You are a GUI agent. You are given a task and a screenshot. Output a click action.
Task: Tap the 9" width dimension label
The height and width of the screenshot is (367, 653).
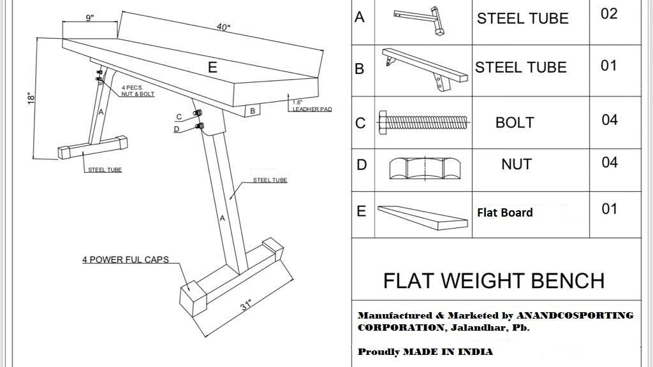90,18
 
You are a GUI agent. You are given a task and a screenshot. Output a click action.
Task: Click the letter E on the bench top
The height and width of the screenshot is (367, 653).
212,67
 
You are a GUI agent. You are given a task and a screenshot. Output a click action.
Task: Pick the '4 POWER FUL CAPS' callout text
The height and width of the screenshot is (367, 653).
125,260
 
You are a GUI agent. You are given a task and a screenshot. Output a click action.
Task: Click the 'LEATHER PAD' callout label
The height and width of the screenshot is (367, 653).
312,109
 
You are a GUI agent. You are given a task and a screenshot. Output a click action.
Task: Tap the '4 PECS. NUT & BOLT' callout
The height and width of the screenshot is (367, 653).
138,91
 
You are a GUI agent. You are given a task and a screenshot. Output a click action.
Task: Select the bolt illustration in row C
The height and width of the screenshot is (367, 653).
423,120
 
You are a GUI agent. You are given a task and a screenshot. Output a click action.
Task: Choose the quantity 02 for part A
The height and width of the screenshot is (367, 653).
609,14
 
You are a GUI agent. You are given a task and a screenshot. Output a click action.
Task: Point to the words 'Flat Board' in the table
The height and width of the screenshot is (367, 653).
504,212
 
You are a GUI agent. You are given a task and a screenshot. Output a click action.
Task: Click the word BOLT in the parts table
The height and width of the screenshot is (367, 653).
515,122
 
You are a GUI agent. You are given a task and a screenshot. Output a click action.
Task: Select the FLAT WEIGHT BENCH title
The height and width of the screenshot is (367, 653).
494,280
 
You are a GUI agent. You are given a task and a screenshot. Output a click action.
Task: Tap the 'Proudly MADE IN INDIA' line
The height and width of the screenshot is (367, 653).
425,352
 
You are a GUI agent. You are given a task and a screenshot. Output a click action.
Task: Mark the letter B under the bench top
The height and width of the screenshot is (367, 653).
253,111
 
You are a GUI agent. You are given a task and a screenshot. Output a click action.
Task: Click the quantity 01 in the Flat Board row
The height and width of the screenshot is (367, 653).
609,209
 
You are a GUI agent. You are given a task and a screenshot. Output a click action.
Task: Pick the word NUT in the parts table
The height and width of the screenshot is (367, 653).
516,164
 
